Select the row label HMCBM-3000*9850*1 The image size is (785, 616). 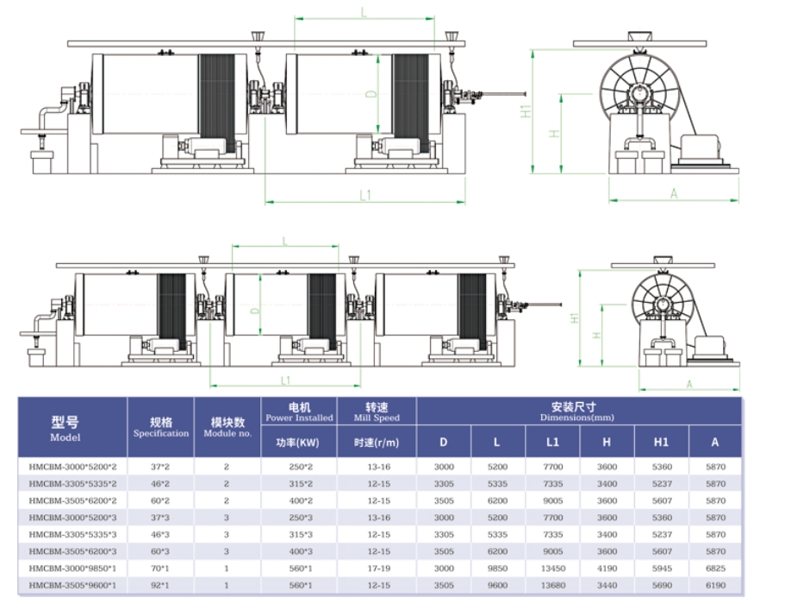click(x=72, y=569)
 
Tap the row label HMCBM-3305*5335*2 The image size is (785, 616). click(x=72, y=483)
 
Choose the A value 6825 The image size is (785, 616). click(x=714, y=569)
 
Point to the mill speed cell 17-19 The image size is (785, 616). click(x=377, y=569)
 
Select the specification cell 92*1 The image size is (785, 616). click(x=160, y=586)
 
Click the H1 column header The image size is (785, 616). click(x=661, y=443)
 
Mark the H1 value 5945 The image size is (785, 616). click(x=661, y=569)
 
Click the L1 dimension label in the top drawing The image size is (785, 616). click(x=365, y=196)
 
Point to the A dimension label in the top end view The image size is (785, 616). click(x=673, y=194)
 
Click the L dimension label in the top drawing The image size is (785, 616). click(x=364, y=12)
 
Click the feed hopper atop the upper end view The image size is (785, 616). click(x=639, y=37)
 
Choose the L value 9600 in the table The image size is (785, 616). click(x=497, y=586)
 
